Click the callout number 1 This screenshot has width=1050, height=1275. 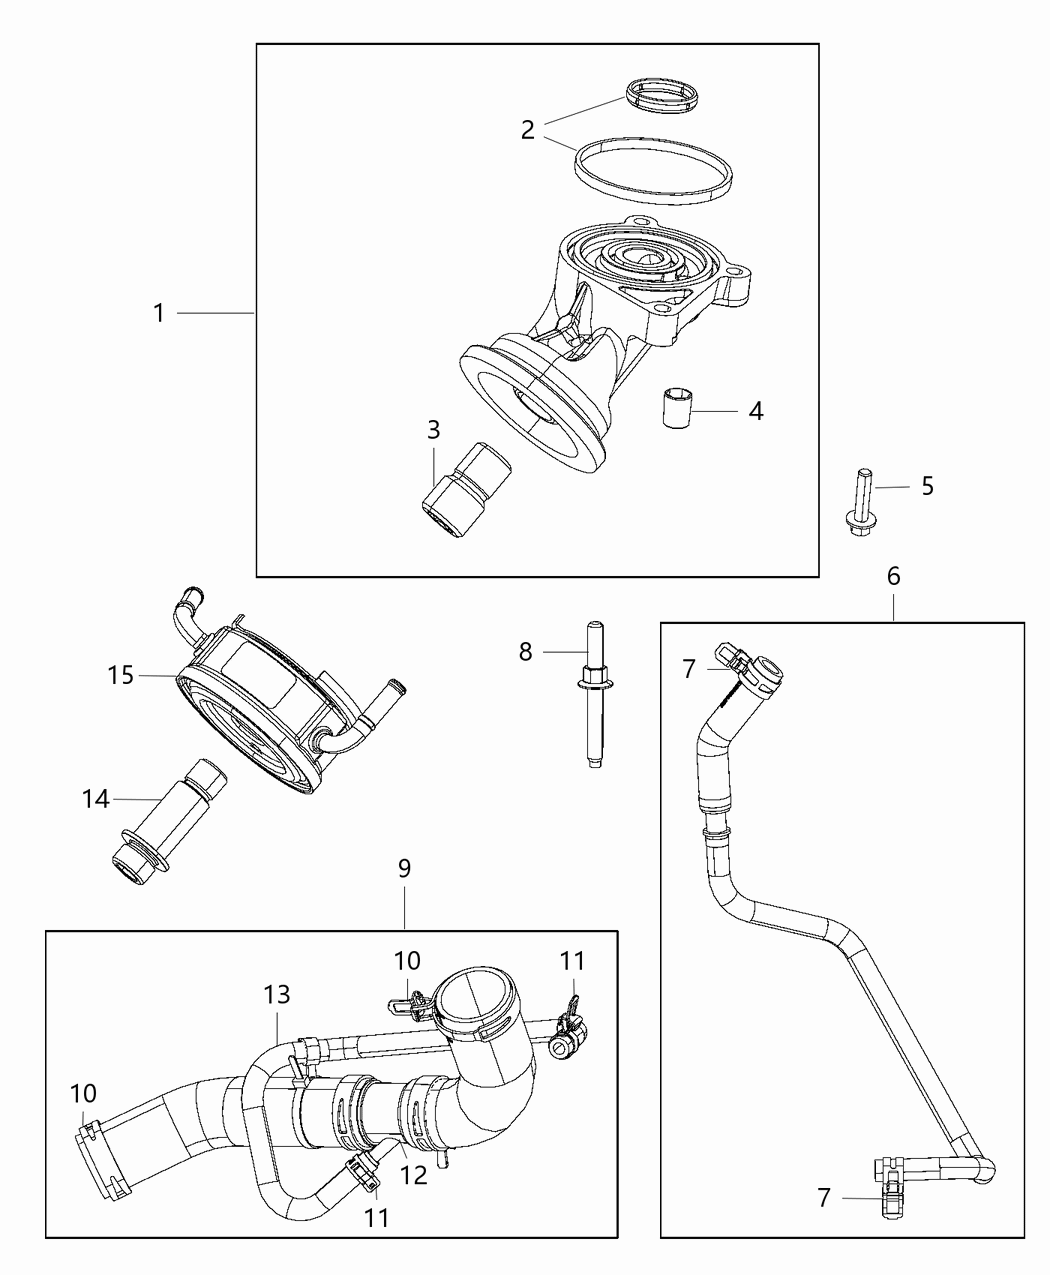(158, 314)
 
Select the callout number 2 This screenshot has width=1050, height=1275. (527, 129)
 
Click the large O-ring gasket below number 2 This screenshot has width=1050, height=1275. (651, 172)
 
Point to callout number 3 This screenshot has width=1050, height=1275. (433, 430)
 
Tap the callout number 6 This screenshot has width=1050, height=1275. (893, 576)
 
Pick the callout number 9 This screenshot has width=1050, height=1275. (404, 868)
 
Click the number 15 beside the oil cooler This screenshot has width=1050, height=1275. (120, 675)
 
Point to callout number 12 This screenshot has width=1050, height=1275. (413, 1174)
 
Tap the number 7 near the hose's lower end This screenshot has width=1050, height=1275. (823, 1197)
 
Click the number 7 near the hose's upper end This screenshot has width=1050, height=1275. (688, 669)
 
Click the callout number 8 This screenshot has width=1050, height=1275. (526, 652)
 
